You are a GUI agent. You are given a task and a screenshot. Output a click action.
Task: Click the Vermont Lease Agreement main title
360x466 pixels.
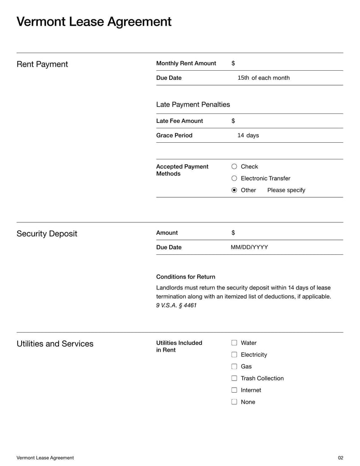pyautogui.click(x=94, y=22)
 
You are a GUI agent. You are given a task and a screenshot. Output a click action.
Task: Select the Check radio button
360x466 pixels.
pyautogui.click(x=234, y=167)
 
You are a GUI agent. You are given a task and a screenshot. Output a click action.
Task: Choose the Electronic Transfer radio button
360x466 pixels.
pyautogui.click(x=234, y=178)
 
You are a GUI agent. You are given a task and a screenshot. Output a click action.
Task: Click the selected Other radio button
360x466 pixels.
pyautogui.click(x=234, y=190)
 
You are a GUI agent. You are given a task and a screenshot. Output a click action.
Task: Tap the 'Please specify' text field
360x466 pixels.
pyautogui.click(x=286, y=190)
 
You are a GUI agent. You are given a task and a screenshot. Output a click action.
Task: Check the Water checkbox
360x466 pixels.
pyautogui.click(x=234, y=343)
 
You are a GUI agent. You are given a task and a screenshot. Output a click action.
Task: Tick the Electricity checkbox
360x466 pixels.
pyautogui.click(x=234, y=355)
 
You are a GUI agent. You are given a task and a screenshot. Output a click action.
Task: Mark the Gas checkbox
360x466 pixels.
pyautogui.click(x=234, y=366)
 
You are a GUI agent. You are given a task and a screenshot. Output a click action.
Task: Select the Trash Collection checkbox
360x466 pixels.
pyautogui.click(x=234, y=378)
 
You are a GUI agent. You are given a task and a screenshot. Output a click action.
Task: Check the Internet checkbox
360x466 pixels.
pyautogui.click(x=234, y=390)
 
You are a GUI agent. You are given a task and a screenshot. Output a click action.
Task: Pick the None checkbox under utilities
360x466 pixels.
pyautogui.click(x=234, y=402)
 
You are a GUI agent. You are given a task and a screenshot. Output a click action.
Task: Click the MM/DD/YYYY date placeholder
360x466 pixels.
pyautogui.click(x=249, y=247)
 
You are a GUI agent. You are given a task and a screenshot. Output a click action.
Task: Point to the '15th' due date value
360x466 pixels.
pyautogui.click(x=243, y=78)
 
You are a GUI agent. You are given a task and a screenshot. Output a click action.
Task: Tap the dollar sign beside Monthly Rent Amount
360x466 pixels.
pyautogui.click(x=233, y=63)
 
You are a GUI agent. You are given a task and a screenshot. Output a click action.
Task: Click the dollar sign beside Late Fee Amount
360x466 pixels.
pyautogui.click(x=233, y=121)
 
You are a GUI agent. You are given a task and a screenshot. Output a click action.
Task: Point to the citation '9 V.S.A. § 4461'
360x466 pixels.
pyautogui.click(x=176, y=305)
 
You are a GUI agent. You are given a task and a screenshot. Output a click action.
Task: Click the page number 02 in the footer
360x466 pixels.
pyautogui.click(x=340, y=458)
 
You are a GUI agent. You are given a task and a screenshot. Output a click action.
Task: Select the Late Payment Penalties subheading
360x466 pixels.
pyautogui.click(x=193, y=104)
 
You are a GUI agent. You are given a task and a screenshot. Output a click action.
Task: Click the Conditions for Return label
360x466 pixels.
pyautogui.click(x=185, y=277)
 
